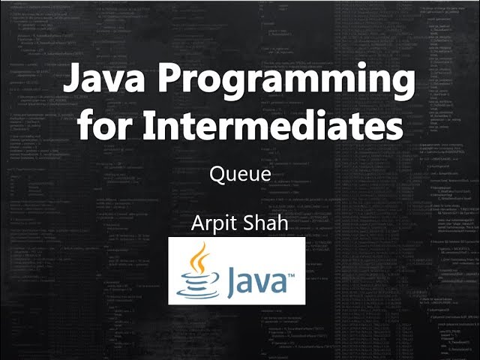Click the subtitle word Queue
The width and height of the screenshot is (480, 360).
point(239,175)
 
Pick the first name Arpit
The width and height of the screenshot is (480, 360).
point(211,224)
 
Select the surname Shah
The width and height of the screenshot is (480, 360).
point(265,224)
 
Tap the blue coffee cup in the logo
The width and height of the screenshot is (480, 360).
point(199,285)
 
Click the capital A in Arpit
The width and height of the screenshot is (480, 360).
point(198,224)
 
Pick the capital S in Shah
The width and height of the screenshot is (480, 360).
point(249,224)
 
